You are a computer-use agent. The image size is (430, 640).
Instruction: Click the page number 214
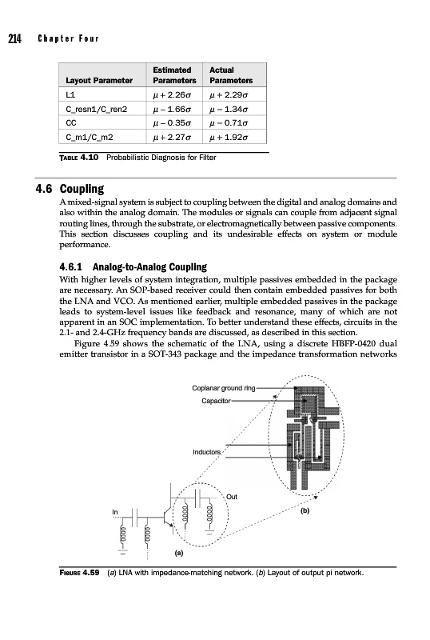(x=14, y=38)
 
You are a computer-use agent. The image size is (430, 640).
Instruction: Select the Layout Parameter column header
(x=99, y=81)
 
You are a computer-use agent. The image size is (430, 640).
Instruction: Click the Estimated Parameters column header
(x=174, y=75)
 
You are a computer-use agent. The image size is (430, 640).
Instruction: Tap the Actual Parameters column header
(x=231, y=75)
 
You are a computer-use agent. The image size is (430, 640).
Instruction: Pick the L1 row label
(x=70, y=94)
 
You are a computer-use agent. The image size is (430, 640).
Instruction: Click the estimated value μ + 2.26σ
(x=172, y=95)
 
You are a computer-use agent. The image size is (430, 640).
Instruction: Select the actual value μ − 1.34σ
(x=229, y=109)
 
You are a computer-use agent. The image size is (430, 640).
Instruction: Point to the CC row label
(x=71, y=123)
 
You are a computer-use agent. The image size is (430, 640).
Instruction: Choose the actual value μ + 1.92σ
(x=229, y=137)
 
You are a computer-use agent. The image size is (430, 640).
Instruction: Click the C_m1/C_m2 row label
(x=90, y=137)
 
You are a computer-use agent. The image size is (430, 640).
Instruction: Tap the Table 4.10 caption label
(x=79, y=158)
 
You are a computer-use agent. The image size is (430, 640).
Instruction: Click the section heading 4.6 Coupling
(x=70, y=189)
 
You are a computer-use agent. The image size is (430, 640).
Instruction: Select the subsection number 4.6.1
(x=70, y=267)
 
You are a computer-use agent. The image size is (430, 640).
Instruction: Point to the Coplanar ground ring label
(x=224, y=388)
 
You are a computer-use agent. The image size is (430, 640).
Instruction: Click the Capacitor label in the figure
(x=216, y=401)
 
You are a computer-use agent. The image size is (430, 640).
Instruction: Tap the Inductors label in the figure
(x=206, y=452)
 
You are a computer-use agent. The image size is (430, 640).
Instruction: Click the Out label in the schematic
(x=232, y=497)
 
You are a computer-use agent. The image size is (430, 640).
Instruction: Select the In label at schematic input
(x=115, y=512)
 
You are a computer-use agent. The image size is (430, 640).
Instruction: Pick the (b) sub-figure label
(x=305, y=510)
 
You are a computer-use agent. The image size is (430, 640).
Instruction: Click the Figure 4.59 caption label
(x=80, y=573)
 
